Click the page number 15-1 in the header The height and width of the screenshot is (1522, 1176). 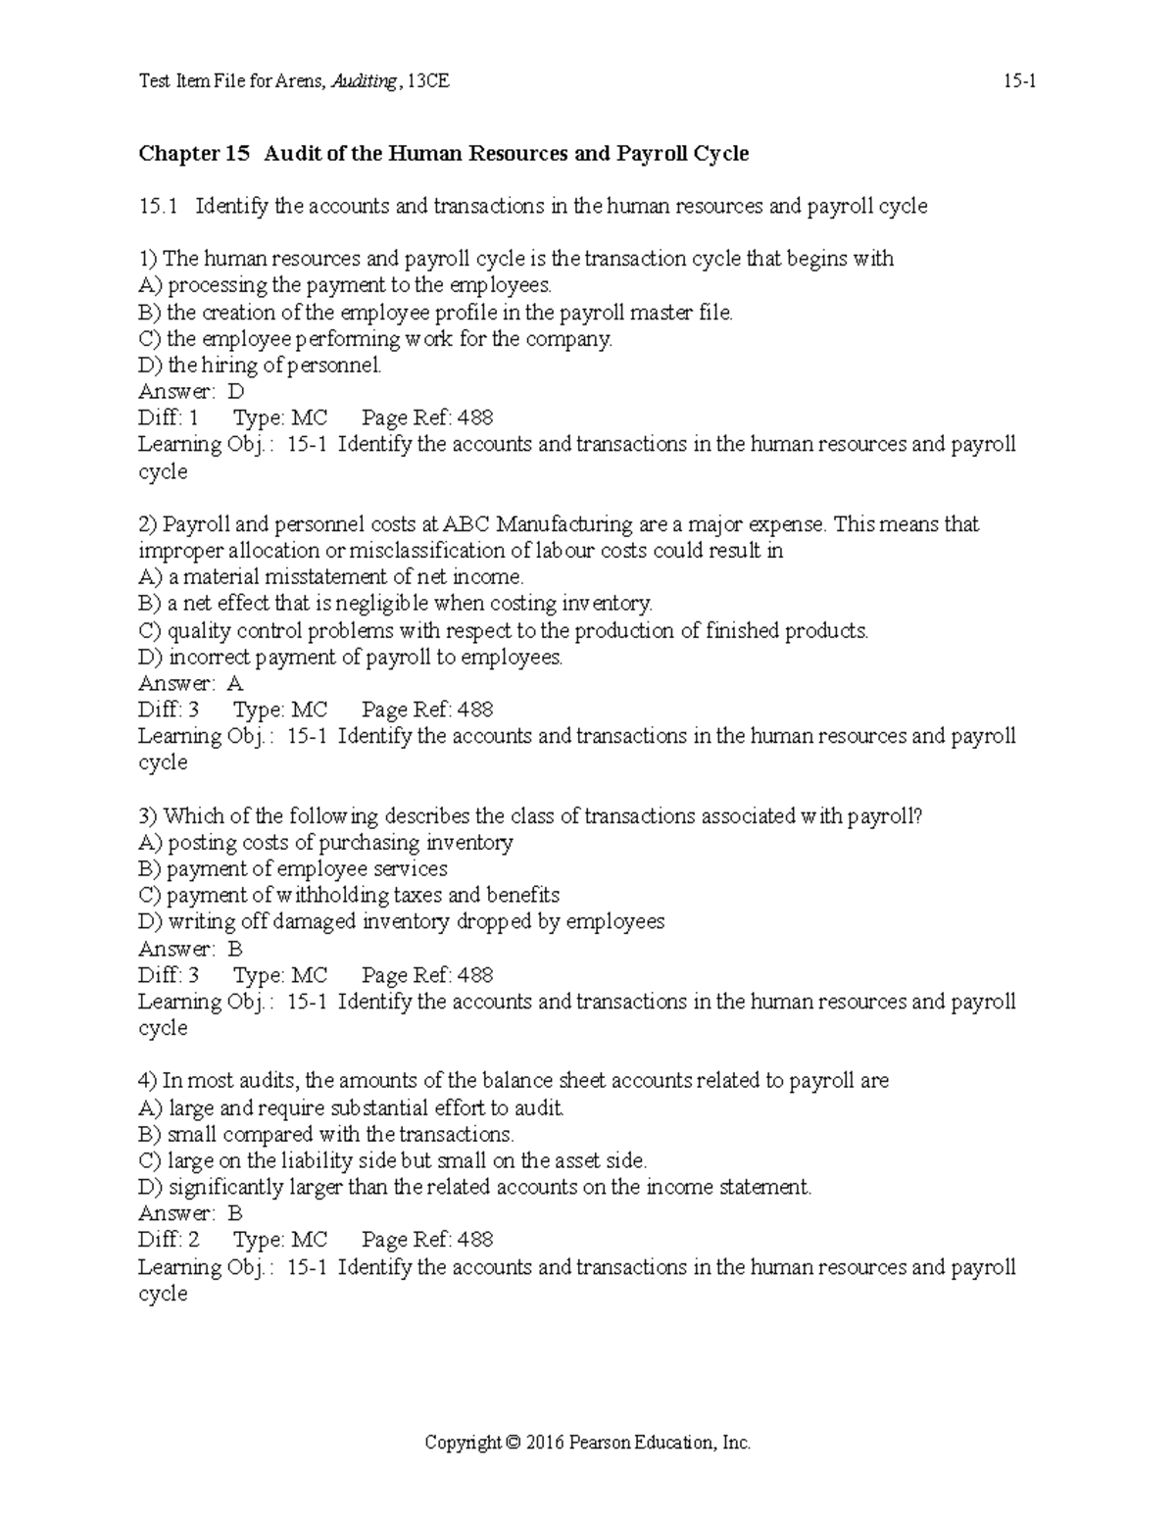point(1019,82)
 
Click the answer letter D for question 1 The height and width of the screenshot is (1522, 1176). point(235,391)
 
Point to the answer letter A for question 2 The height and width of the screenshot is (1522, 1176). point(235,683)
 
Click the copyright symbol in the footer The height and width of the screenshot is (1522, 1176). point(513,1443)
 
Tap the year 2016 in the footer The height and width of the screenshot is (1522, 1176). point(545,1443)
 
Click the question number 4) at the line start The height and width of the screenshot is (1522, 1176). point(147,1081)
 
